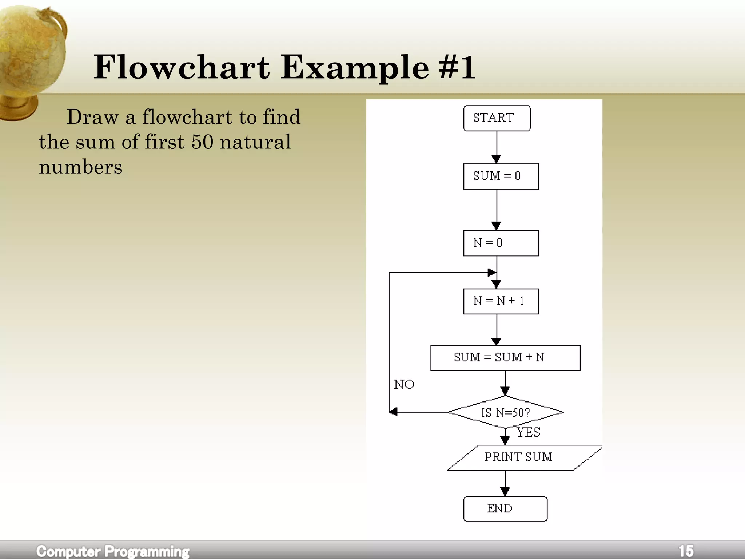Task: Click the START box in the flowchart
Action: coord(497,118)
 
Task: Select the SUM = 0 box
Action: coord(501,177)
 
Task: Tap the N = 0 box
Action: coord(501,243)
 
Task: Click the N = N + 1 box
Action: coord(501,301)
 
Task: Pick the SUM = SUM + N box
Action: coord(505,358)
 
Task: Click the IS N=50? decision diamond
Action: coord(505,412)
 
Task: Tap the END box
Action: coord(505,509)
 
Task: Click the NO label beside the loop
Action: coord(404,385)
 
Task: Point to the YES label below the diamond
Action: coord(528,433)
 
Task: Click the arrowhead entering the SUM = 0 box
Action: coord(496,159)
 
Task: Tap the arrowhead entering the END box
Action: coord(505,492)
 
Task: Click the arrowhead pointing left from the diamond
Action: coord(393,412)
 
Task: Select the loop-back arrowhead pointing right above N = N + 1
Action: coord(491,272)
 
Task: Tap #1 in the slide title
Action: coord(457,67)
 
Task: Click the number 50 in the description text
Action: coord(202,142)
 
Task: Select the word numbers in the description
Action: coord(80,167)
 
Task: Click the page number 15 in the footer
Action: coord(686,551)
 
